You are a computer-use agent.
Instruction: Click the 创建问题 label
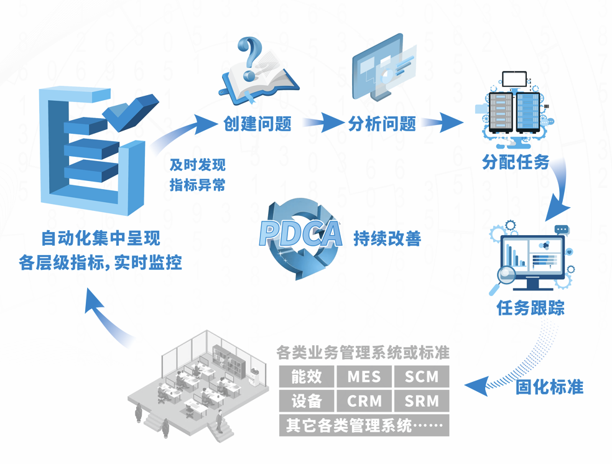[257, 124]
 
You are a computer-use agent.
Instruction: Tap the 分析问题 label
[382, 124]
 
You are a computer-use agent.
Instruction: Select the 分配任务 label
[516, 162]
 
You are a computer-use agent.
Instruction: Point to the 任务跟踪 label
[531, 308]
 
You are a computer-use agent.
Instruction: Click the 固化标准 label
[549, 387]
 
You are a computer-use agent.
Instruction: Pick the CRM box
[364, 401]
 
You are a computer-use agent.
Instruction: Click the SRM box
[422, 401]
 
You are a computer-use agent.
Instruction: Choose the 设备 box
[306, 401]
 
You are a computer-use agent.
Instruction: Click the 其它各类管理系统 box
[364, 426]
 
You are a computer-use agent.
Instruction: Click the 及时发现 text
[197, 165]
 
